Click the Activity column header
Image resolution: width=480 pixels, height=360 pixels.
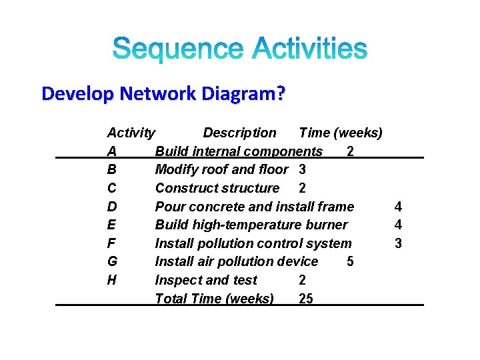[x=131, y=133]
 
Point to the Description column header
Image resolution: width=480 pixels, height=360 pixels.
[x=239, y=133]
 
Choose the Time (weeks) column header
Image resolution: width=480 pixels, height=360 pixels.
[x=341, y=133]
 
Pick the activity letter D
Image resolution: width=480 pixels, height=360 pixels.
[x=111, y=207]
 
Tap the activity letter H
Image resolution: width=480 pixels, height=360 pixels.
[x=111, y=280]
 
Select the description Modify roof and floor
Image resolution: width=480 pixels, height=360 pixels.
[x=221, y=170]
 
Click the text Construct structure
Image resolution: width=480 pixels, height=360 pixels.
[x=217, y=189]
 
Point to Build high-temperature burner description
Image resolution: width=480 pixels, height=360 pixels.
[x=251, y=225]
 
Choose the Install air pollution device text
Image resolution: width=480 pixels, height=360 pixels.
[x=236, y=262]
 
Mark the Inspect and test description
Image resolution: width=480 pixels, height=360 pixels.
[x=205, y=280]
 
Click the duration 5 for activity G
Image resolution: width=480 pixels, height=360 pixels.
[x=350, y=262]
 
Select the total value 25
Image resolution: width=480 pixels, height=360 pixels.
[x=305, y=299]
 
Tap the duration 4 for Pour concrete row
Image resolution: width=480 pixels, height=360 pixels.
[x=398, y=207]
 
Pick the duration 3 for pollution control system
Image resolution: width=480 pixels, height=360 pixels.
[x=398, y=243]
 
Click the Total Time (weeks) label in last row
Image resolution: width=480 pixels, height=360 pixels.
[x=214, y=299]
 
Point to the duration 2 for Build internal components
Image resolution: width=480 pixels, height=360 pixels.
[x=350, y=152]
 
